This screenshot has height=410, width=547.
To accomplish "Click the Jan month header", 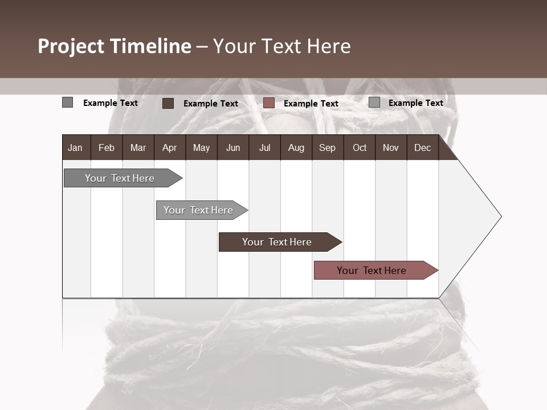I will [x=75, y=147].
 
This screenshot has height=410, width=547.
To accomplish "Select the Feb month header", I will [x=107, y=147].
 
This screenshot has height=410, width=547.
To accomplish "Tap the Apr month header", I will [x=169, y=147].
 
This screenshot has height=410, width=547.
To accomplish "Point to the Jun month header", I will [x=233, y=147].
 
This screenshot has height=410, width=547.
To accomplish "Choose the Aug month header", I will [x=296, y=147].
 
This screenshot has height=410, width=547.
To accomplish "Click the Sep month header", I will [x=327, y=147].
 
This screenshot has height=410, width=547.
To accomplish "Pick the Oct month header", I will [x=360, y=147].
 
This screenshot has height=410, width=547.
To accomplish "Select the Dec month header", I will [x=422, y=147].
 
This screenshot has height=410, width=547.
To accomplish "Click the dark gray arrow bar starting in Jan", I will [x=120, y=178].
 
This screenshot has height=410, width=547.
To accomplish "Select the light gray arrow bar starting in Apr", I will [x=198, y=210].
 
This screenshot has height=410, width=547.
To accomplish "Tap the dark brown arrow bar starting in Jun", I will [x=277, y=242].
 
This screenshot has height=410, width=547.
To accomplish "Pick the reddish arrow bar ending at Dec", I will [x=372, y=270].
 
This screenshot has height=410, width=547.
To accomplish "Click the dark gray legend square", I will [x=67, y=102].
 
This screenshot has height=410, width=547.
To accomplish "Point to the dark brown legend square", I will [x=168, y=103].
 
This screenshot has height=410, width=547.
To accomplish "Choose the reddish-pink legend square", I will [x=269, y=103].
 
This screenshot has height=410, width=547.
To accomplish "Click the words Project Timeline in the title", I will [x=114, y=46].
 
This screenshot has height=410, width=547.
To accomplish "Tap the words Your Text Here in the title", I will [x=282, y=46].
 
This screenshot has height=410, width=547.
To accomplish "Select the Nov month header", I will [x=391, y=147].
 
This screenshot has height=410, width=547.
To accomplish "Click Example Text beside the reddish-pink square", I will [x=311, y=104].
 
